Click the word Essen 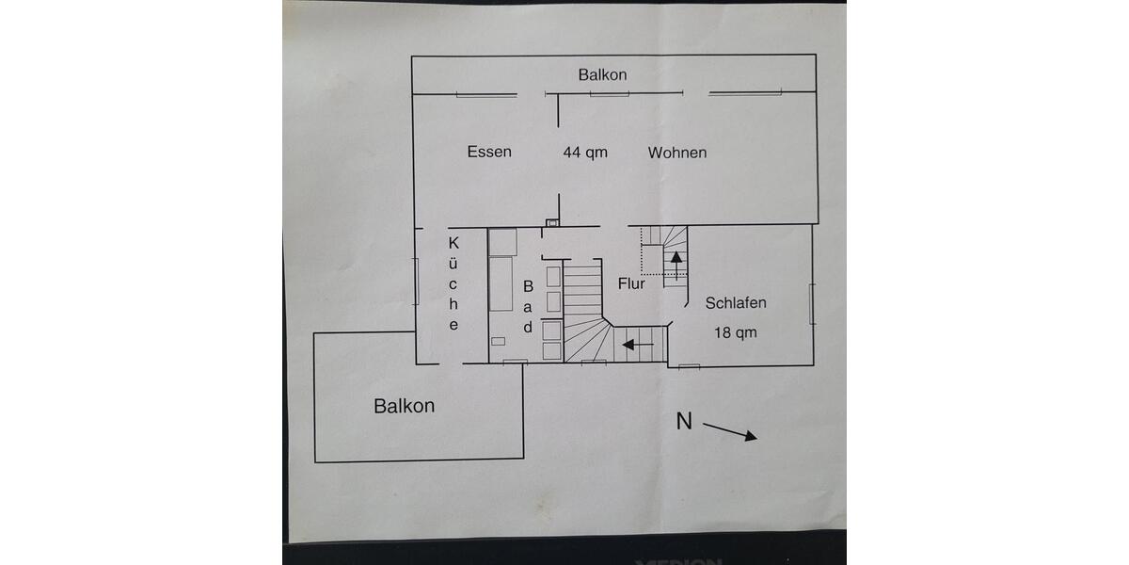(x=489, y=152)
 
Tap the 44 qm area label (x=585, y=152)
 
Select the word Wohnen (x=676, y=152)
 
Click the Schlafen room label (x=736, y=303)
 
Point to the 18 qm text (x=736, y=332)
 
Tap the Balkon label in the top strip (x=602, y=74)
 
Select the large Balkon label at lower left (x=404, y=406)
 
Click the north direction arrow (x=730, y=431)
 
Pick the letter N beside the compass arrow (x=684, y=422)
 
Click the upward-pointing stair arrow (x=675, y=263)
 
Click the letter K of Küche (x=453, y=242)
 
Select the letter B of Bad (x=528, y=284)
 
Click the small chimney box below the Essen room (x=552, y=223)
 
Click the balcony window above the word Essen (x=486, y=94)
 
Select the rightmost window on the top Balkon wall (x=746, y=93)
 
